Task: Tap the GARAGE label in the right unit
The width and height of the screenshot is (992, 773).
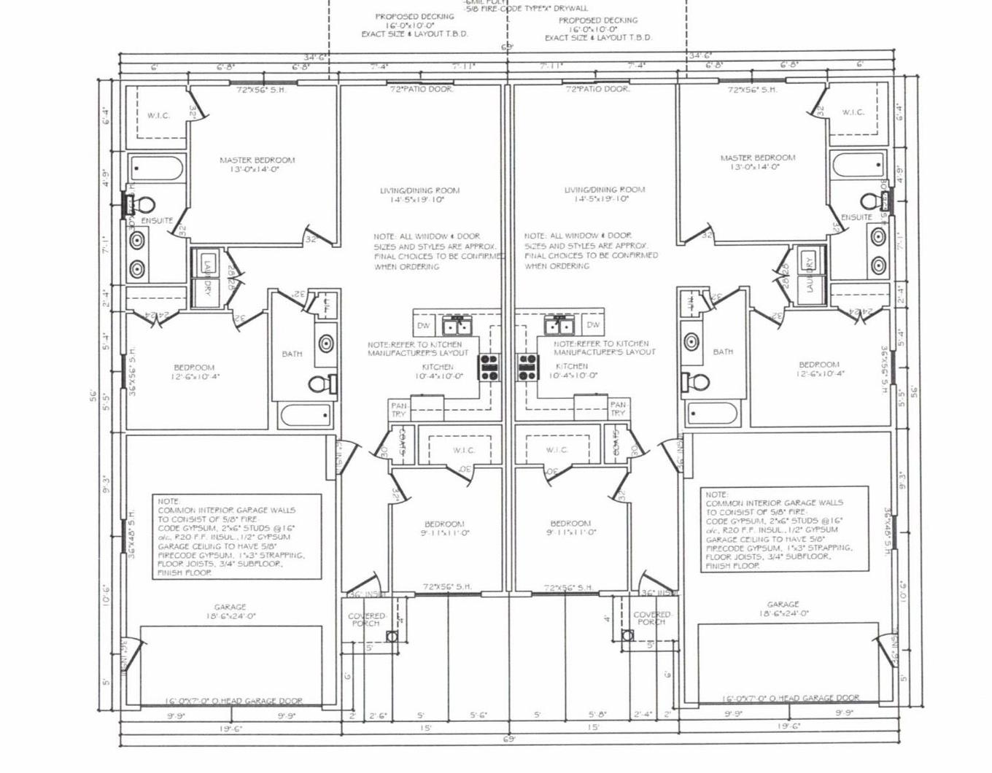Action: pos(783,605)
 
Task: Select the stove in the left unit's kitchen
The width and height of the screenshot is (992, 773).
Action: pos(489,366)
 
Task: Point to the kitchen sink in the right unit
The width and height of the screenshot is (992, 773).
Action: pos(559,324)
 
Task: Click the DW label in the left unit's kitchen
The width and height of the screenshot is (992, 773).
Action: pos(424,325)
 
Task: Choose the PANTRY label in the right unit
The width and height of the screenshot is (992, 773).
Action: pos(618,409)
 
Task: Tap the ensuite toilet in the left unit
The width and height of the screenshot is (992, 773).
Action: pos(144,203)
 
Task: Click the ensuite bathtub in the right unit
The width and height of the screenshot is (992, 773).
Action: pos(858,166)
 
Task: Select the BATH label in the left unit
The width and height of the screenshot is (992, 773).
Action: pos(292,354)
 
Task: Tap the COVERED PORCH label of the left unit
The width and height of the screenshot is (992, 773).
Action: pos(366,619)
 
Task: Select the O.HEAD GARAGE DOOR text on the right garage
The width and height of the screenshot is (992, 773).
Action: pos(791,698)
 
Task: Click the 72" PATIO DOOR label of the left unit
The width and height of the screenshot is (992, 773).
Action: pos(421,89)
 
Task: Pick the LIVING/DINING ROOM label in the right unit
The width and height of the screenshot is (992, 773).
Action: pos(604,190)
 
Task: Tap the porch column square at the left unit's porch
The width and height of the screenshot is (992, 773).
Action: pos(392,637)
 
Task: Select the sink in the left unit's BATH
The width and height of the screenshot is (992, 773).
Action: pos(325,343)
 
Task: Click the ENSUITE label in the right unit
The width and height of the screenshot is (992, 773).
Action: pos(856,217)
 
